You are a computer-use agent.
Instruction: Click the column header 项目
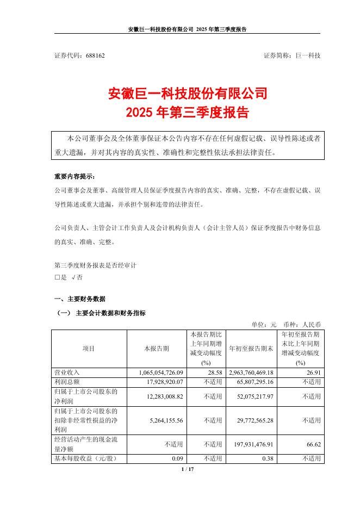coord(88,348)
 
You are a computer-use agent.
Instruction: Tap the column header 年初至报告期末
coord(251,348)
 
